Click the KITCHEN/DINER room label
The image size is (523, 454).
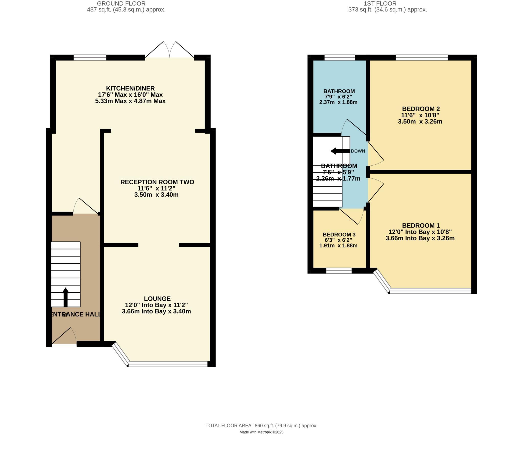point(130,88)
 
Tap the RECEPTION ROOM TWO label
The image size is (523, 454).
point(157,182)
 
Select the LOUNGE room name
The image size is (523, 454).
point(157,299)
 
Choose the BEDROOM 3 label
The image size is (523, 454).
point(339,235)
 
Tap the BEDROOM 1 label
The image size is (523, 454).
point(421,225)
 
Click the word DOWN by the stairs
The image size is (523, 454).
point(358,151)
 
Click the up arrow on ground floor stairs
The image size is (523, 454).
point(66,297)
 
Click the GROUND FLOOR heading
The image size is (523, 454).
point(121,4)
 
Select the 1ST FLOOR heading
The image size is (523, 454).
point(380,4)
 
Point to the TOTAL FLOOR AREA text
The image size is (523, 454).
point(261,426)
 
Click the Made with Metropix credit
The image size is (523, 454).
point(261,432)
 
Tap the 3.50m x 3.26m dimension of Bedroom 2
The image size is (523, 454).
point(420,122)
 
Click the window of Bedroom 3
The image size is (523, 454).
point(339,271)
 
